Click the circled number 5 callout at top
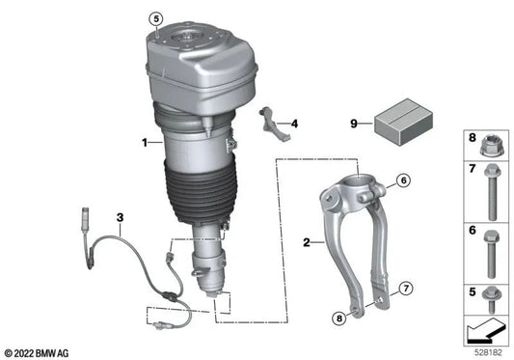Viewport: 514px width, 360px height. tap(156, 19)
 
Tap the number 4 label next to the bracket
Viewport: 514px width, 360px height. tap(294, 124)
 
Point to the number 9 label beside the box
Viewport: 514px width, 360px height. tap(353, 123)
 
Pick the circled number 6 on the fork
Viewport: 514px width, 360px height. tap(402, 180)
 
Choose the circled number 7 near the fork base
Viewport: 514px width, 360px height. tap(405, 289)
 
